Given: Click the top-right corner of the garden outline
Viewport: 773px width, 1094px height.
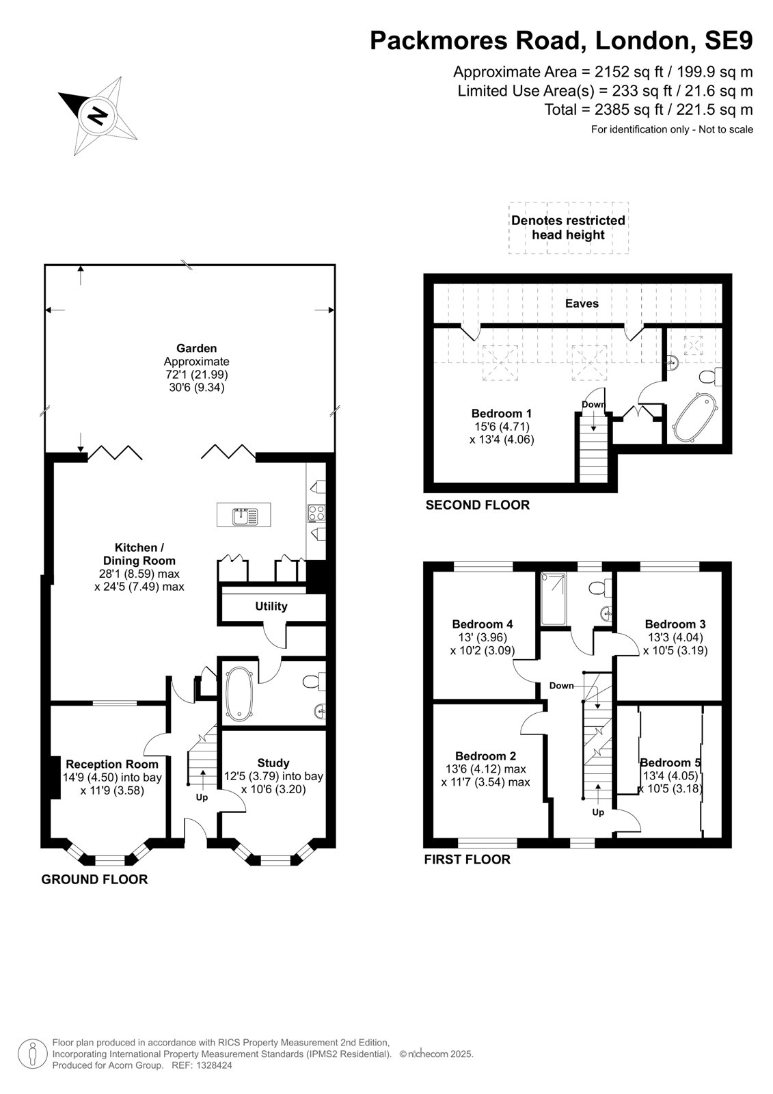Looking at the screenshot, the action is coord(335,265).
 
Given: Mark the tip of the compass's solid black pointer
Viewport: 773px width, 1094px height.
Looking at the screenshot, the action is coord(59,93).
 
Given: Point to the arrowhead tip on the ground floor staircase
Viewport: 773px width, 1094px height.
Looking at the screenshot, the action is coord(202,769).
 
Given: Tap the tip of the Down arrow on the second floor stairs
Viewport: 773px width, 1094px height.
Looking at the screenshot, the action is coord(593,431).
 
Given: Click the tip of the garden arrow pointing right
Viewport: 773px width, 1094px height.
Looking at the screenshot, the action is coord(334,310).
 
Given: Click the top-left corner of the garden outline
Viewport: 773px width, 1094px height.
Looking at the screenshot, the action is coord(45,265).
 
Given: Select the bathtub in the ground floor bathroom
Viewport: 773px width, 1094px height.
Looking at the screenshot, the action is coord(239,693).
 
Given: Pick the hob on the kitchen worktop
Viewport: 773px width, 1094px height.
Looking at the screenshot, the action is coord(316,513).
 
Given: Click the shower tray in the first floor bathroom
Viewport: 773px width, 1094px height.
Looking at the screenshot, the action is coord(553,599).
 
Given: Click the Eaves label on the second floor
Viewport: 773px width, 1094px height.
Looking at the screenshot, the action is coord(582,304).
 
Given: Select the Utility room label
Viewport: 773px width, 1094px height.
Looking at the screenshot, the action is coord(271,606).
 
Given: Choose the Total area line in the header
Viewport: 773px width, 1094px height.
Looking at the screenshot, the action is coord(649,109).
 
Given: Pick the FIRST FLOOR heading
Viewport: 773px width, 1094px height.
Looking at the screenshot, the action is coord(467,859).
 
